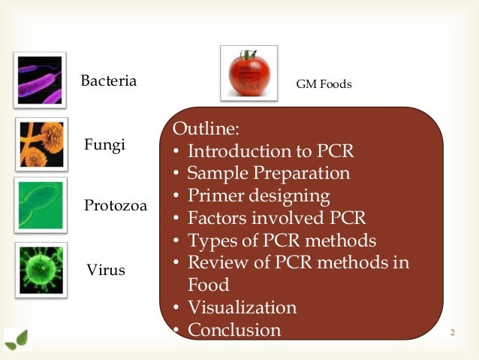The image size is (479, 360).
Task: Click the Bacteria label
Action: point(109,80)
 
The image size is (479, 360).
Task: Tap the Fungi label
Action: point(104,145)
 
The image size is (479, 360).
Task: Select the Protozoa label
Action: point(114,205)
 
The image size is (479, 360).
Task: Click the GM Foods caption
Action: point(324,84)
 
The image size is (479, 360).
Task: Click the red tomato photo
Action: point(249,72)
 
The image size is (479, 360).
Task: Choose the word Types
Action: point(211,241)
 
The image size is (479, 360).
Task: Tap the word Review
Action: point(216,262)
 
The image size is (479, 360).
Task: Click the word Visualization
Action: point(242,307)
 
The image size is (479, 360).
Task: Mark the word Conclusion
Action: point(234,329)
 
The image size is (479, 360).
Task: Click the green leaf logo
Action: point(17,340)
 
